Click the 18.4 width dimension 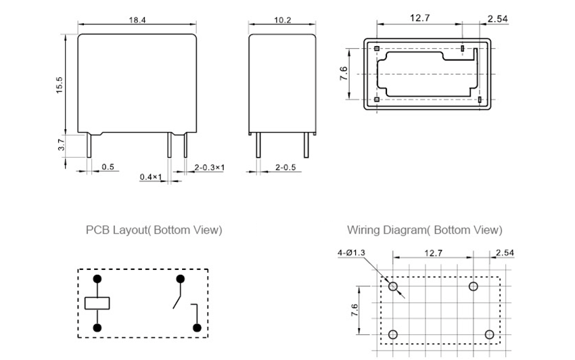[x=137, y=20]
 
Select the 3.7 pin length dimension [x=60, y=144]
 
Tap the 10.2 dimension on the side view [x=282, y=20]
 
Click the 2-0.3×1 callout [x=210, y=166]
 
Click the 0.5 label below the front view [x=108, y=166]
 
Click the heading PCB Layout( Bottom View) [x=154, y=230]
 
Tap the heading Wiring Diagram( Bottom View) [x=425, y=230]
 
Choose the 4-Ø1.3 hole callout [x=351, y=253]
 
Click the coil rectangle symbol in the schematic [x=97, y=303]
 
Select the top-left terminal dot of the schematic [x=97, y=279]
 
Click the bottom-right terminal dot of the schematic [x=198, y=328]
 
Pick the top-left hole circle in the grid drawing [x=393, y=287]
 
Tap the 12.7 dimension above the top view [x=419, y=18]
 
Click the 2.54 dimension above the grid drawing [x=505, y=253]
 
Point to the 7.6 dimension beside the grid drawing [x=354, y=311]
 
